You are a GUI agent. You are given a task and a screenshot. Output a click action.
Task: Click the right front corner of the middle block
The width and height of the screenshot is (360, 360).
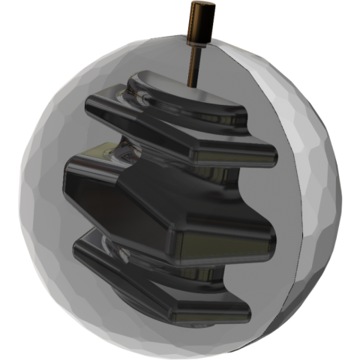[266, 240]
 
